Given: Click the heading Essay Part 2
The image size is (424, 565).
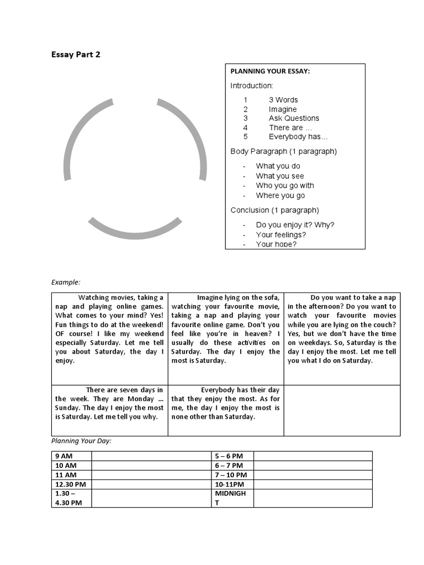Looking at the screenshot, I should click(76, 55).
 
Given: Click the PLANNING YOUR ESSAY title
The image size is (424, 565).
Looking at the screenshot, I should click(269, 72).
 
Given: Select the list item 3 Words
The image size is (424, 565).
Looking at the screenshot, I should click(283, 100).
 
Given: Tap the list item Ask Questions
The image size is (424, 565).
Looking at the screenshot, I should click(294, 118).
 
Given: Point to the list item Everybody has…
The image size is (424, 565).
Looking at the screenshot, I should click(298, 137).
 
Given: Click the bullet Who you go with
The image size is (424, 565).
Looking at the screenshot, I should click(285, 186).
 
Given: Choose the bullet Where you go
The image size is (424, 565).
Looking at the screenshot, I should click(280, 196).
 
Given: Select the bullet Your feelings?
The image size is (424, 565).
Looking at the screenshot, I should click(280, 234).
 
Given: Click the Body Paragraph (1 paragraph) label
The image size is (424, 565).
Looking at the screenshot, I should click(283, 151).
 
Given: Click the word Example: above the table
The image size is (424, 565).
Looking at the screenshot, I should click(66, 282).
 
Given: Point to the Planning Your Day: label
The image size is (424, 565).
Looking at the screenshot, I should click(81, 441).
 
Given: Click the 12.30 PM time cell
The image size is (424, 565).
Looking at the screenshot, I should click(71, 484).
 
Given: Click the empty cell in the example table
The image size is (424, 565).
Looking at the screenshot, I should click(342, 411).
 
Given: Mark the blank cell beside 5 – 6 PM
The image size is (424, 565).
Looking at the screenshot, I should click(312, 456).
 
